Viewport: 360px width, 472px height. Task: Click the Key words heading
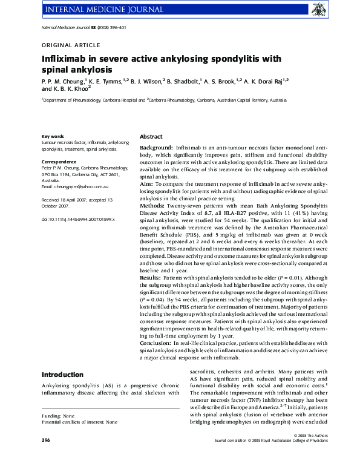53,136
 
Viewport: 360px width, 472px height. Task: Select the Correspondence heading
59,162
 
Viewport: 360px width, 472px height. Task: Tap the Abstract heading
151,137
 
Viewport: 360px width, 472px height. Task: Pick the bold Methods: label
152,205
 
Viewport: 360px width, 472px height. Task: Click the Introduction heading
62,375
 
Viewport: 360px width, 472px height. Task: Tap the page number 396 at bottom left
45,456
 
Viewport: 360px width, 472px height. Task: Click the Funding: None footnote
58,433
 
